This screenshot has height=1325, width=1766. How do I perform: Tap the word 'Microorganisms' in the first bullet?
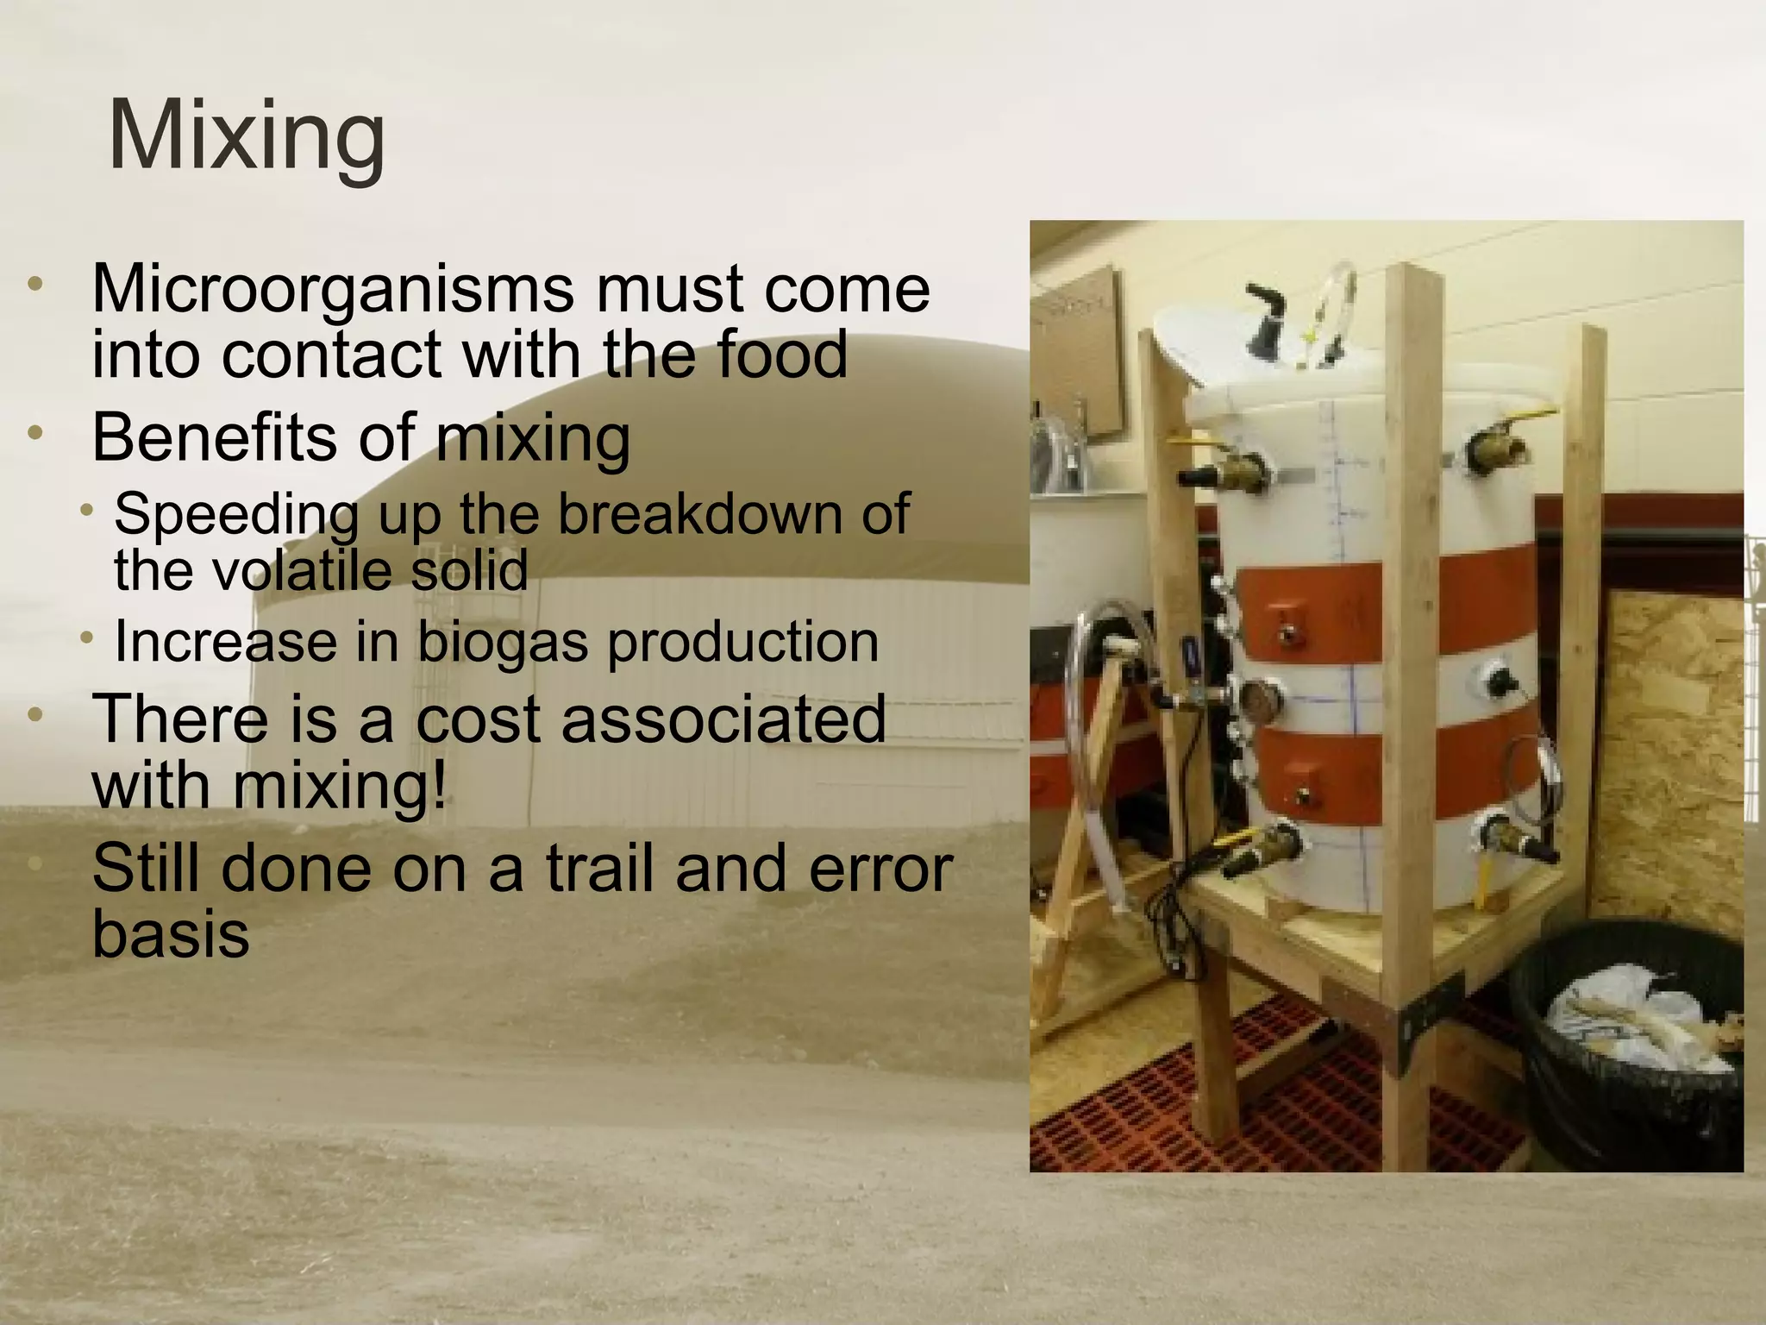coord(332,289)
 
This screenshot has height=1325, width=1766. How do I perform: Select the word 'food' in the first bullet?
coord(785,355)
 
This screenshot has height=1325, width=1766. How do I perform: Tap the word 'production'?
coord(743,643)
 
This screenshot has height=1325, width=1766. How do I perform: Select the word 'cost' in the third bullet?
coord(479,719)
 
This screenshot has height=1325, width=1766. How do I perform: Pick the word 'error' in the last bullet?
coord(880,868)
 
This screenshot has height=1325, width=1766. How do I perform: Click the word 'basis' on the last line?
coord(171,933)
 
